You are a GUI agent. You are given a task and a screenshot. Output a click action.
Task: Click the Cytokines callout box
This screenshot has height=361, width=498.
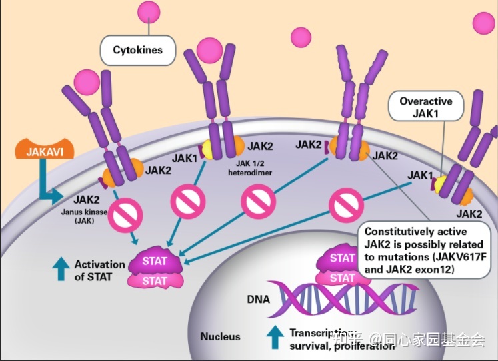click(137, 49)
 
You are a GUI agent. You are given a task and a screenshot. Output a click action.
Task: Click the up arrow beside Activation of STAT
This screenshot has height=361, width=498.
click(61, 268)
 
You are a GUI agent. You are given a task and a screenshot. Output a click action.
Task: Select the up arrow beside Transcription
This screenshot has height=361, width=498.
click(275, 338)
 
